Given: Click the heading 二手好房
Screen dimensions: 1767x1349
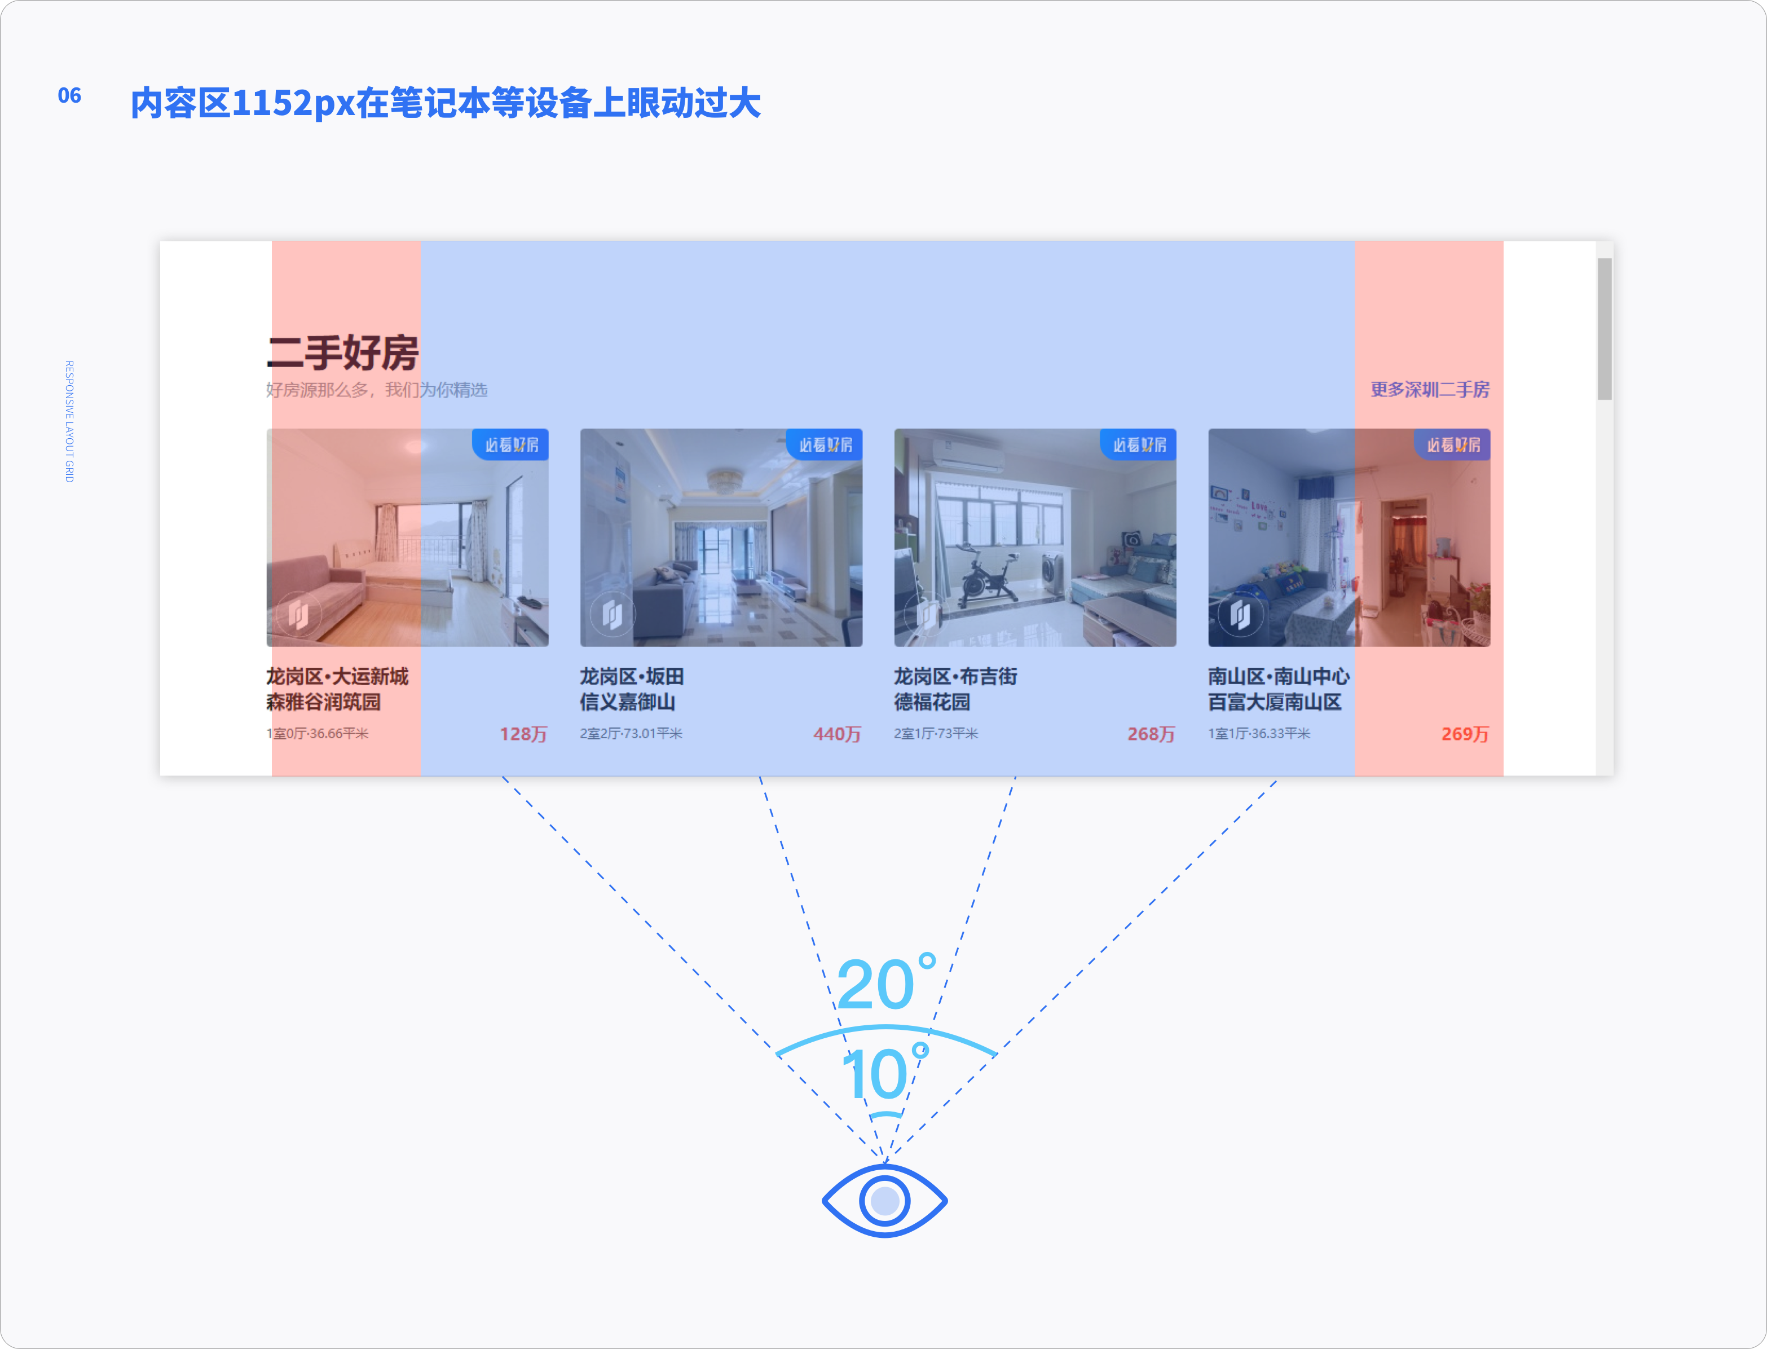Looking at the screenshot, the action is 343,352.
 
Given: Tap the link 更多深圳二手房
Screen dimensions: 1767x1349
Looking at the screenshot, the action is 1430,390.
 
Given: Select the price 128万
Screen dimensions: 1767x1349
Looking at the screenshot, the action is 523,734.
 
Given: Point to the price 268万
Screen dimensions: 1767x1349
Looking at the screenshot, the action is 1151,734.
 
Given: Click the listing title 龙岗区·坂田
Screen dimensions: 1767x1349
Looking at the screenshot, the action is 632,676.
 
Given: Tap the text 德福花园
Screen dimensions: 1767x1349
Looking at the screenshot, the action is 932,702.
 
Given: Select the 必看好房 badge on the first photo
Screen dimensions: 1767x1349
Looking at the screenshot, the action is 510,445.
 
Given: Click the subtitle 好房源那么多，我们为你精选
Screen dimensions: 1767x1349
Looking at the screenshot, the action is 377,390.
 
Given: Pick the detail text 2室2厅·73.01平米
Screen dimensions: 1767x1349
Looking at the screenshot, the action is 631,733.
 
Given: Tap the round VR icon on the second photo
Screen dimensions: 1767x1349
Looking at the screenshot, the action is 612,616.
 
